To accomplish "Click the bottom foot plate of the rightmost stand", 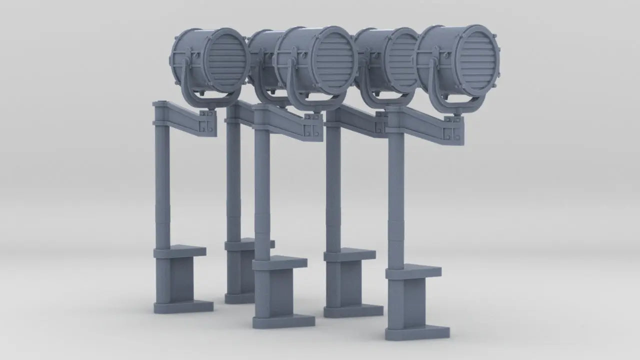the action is coord(417,332).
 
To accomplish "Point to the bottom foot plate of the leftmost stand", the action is coord(183,306).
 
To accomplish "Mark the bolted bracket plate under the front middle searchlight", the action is coord(312,129).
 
